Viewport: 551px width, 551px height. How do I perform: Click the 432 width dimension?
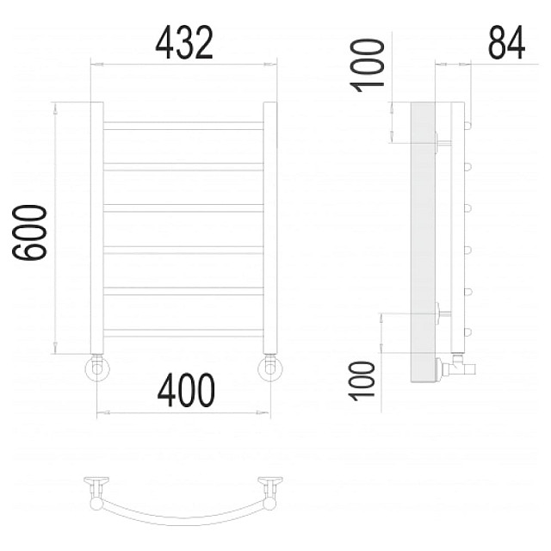(184, 43)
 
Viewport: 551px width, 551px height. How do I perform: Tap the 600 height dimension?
(29, 232)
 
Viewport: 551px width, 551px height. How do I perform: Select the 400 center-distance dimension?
(186, 390)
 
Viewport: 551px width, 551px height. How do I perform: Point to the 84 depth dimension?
(506, 42)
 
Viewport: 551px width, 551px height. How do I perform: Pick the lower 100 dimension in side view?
(362, 381)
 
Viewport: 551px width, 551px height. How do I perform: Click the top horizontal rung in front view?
(183, 126)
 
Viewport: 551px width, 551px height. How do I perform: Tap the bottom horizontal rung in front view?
(183, 333)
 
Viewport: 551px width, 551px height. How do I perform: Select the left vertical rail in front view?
(97, 227)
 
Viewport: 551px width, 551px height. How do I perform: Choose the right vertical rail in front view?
(270, 227)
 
